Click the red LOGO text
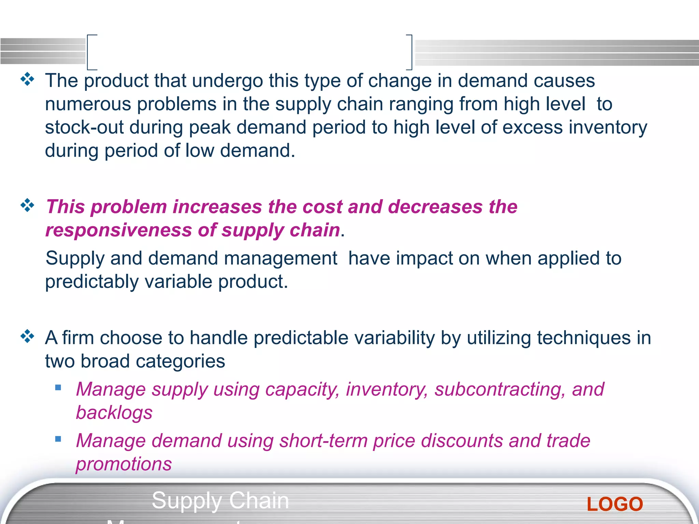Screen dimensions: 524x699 coord(615,504)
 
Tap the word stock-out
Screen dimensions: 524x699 coord(84,127)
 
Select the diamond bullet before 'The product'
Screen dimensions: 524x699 coord(27,79)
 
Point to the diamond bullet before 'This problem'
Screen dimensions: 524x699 coord(27,205)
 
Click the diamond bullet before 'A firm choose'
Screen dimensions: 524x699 coord(27,336)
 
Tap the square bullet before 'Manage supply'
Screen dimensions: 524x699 coord(58,388)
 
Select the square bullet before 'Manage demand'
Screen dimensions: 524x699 coord(58,439)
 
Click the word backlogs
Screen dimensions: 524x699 coord(114,413)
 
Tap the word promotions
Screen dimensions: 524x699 coord(124,464)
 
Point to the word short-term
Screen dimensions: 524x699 coord(323,441)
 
